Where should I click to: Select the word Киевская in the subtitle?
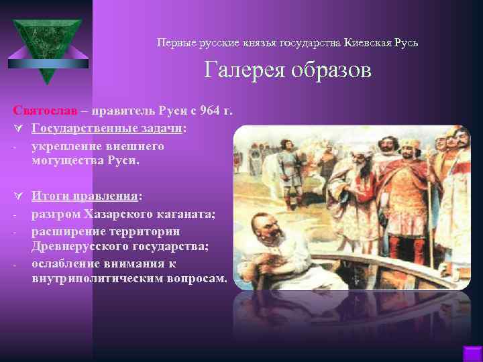point(370,43)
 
